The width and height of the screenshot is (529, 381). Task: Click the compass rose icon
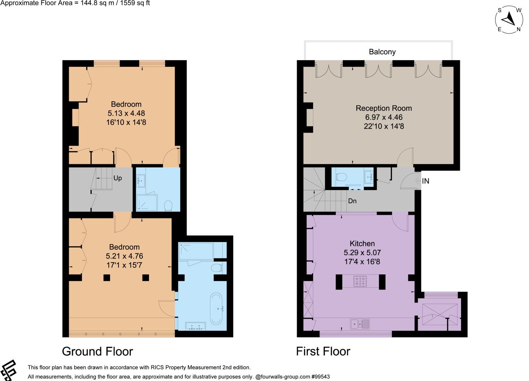(x=509, y=19)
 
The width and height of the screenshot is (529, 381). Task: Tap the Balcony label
(x=382, y=52)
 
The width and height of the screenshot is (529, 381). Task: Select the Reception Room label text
(x=383, y=108)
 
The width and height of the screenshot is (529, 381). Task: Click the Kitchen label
(x=362, y=243)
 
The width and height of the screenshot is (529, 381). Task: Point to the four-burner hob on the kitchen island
(x=360, y=281)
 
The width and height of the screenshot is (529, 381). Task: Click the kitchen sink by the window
(x=360, y=324)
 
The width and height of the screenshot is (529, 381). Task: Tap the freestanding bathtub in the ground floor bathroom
(x=216, y=308)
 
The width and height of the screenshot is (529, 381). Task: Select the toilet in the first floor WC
(x=341, y=177)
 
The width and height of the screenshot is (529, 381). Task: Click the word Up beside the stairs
(x=117, y=178)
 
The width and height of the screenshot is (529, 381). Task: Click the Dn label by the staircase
(x=352, y=201)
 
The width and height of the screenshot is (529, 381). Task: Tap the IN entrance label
(x=425, y=181)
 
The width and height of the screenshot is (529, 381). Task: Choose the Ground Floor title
(x=97, y=352)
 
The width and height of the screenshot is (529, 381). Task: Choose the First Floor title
(x=323, y=352)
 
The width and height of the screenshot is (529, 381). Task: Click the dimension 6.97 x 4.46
(x=384, y=117)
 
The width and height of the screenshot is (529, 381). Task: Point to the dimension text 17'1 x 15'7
(x=124, y=265)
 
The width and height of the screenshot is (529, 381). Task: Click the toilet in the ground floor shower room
(x=168, y=205)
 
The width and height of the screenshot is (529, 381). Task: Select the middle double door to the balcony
(x=378, y=70)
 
